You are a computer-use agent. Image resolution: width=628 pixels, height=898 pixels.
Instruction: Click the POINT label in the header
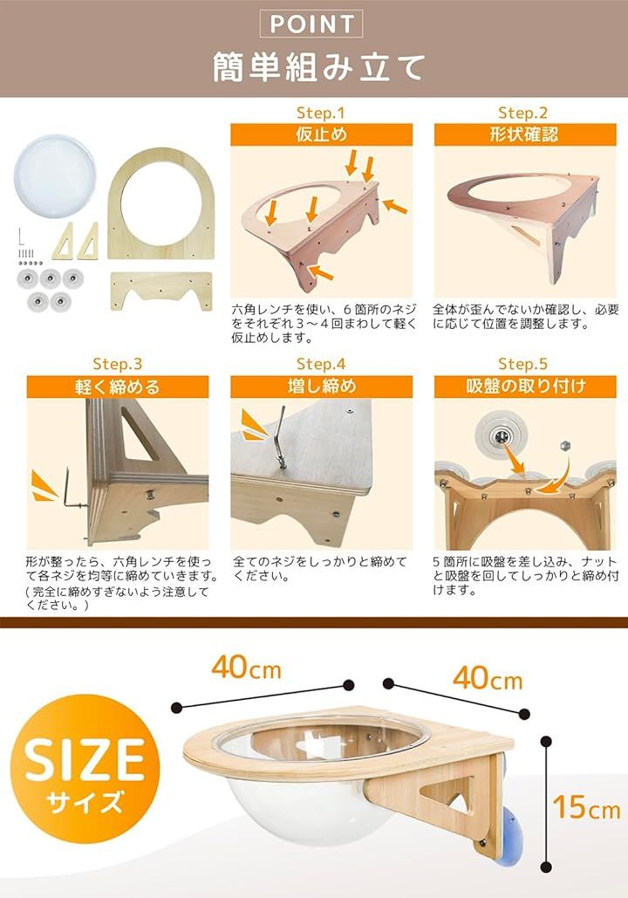point(311,24)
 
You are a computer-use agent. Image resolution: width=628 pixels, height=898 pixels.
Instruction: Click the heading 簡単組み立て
point(318,67)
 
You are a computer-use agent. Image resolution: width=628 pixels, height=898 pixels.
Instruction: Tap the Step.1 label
point(321,113)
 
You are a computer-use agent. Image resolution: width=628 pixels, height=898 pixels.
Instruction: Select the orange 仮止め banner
point(321,134)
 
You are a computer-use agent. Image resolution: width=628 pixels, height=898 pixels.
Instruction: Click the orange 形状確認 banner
point(525,134)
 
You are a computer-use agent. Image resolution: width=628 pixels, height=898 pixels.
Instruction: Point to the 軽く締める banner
point(118,387)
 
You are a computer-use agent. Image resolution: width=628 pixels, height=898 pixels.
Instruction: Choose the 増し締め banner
point(321,387)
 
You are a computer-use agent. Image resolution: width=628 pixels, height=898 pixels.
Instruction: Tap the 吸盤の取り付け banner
point(525,387)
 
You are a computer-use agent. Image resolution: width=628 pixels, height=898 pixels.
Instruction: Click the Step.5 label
point(522,364)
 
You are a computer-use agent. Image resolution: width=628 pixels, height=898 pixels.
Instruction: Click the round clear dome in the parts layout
point(55,176)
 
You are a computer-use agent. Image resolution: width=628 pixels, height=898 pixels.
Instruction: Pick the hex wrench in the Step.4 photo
point(279,438)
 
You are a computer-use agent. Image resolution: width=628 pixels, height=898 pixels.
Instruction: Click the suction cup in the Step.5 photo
point(499,437)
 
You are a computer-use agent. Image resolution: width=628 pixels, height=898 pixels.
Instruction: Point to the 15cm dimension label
point(586,806)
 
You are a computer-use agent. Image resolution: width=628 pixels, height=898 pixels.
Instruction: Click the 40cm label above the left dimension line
point(246,667)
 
